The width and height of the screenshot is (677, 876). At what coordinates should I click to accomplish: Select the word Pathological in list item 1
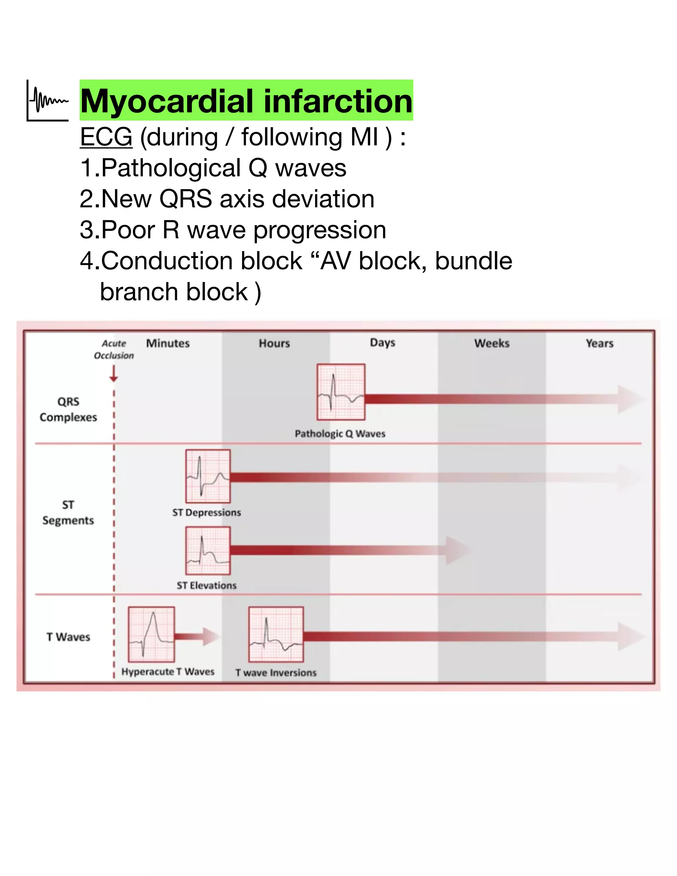point(171,168)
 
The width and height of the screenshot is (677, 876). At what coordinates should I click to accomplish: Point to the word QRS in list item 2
point(186,199)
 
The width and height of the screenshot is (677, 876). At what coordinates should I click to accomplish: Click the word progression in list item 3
point(320,230)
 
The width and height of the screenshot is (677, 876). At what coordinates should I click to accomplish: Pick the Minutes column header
point(168,343)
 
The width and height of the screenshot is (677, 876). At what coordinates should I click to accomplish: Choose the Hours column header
point(274,343)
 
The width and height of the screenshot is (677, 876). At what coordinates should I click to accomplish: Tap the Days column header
point(382,343)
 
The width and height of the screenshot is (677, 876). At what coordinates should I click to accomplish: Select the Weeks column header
point(492,343)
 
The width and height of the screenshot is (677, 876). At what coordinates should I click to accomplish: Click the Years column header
point(600,343)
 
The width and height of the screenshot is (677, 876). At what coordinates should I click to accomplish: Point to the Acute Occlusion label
point(114,349)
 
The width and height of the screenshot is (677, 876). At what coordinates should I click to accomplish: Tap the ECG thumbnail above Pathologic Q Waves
point(341,392)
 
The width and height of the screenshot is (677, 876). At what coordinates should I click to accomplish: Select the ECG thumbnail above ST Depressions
point(208,476)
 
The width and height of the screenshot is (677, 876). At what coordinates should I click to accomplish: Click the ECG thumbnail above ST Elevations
point(208,550)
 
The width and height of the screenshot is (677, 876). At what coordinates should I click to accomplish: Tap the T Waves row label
point(68,637)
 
